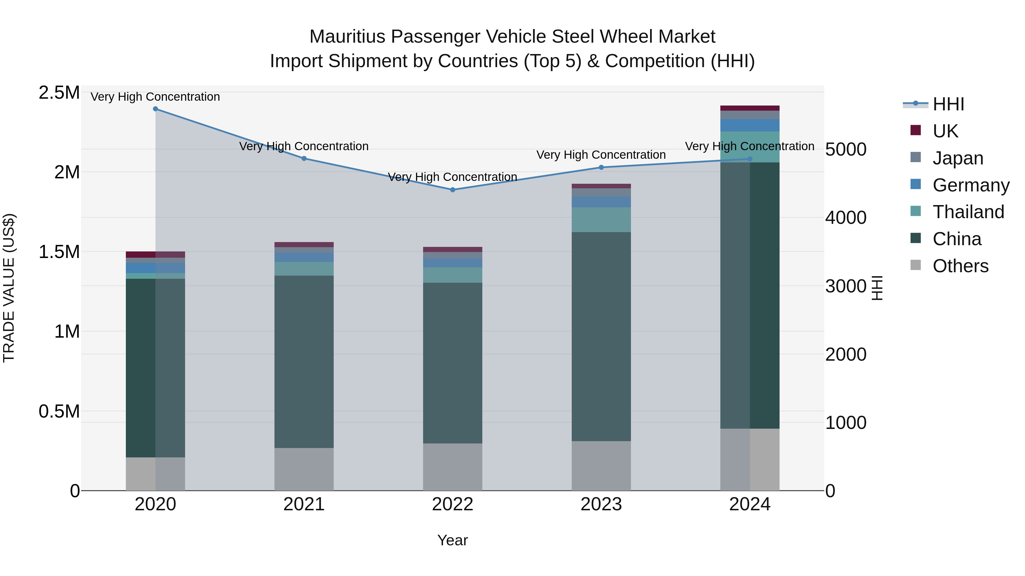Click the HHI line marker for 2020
(155, 109)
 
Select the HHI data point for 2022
(452, 190)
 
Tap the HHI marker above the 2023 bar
(601, 167)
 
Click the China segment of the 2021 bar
(304, 362)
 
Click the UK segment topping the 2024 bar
(750, 108)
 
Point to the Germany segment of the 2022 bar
(452, 263)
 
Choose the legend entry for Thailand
(968, 212)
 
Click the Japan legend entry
(958, 158)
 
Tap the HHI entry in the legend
(948, 104)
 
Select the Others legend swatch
(916, 265)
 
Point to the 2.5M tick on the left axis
(59, 93)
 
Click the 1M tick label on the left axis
(67, 332)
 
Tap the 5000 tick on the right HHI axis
(846, 149)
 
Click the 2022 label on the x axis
(452, 504)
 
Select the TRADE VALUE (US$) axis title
(9, 288)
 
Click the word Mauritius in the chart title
(347, 37)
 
